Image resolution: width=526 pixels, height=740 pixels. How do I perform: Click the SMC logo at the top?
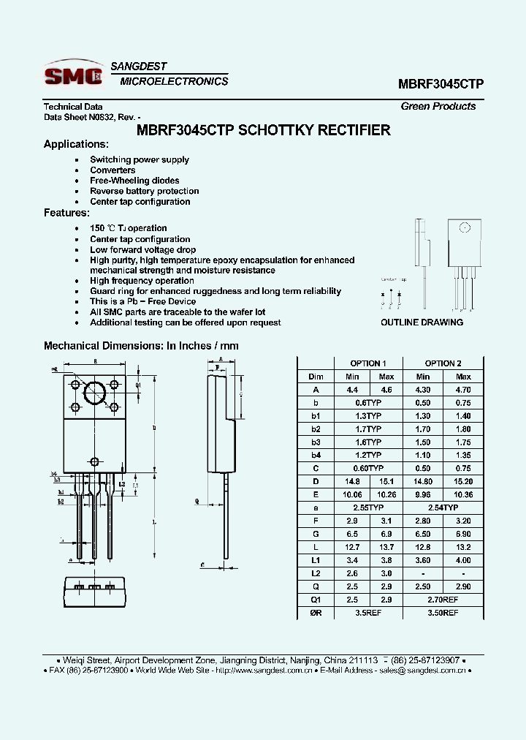coord(73,75)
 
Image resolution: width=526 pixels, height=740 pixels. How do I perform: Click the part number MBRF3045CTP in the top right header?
coord(441,84)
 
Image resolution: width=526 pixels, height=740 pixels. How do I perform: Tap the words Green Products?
coord(438,106)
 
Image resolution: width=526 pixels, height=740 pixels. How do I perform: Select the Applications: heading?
coord(76,144)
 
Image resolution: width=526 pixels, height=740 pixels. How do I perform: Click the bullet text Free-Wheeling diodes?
coord(134,181)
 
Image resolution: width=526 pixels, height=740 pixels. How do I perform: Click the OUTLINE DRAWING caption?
coord(422,322)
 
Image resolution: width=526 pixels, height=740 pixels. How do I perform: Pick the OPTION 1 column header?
coord(368,363)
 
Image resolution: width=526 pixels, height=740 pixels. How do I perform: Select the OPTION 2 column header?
coord(443,363)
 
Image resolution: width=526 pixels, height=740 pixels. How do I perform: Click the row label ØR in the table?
coord(315,612)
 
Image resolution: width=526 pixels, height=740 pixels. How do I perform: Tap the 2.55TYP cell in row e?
coord(368,507)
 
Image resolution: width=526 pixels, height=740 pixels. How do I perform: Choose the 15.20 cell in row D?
coord(463,481)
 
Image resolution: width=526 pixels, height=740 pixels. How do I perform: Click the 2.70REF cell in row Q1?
coord(443,599)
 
